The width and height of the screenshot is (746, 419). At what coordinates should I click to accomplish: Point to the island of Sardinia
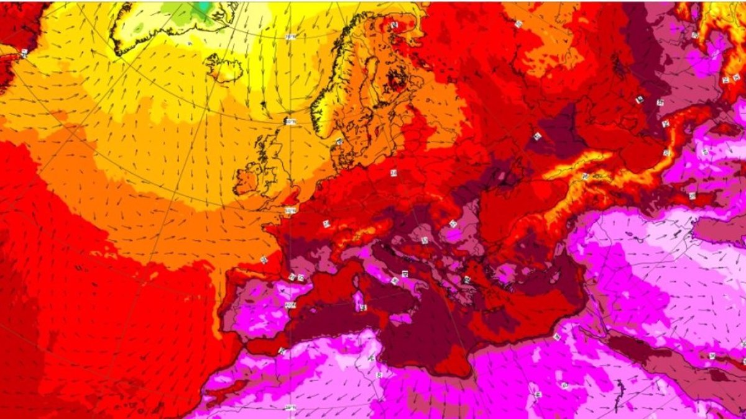[359, 302]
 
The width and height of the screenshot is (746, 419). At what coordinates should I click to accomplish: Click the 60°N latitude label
[290, 122]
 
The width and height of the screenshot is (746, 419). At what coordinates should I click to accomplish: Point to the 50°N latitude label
[290, 211]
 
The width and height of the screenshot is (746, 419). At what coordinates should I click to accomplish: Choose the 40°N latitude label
[289, 304]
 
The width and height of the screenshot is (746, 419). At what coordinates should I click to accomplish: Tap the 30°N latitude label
[290, 407]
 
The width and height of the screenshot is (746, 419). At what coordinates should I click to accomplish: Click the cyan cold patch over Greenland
[200, 7]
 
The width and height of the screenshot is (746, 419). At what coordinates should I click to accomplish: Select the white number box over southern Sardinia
[362, 307]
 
